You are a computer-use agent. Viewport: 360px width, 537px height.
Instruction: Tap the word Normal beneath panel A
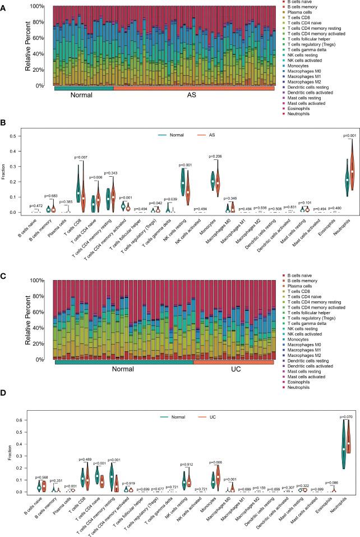point(82,95)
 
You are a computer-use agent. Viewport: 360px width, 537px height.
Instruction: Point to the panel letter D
point(4,393)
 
